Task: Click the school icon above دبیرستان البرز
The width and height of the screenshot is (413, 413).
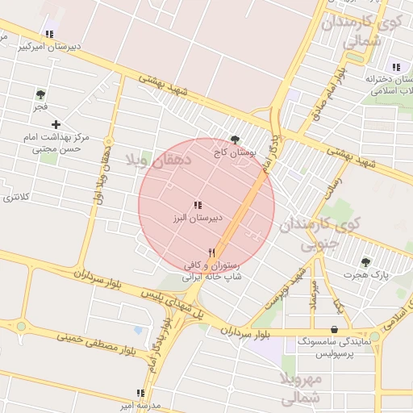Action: click(198, 206)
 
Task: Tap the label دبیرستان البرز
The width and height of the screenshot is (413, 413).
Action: click(198, 219)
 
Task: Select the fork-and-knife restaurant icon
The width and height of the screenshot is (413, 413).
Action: click(211, 252)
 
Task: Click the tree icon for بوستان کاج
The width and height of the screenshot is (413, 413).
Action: click(235, 139)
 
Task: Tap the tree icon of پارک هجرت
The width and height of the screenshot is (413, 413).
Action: click(365, 262)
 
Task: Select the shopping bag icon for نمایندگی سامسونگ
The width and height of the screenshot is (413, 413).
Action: click(334, 328)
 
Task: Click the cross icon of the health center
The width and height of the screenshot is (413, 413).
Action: click(56, 124)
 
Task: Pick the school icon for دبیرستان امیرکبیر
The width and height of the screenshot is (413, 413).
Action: click(49, 34)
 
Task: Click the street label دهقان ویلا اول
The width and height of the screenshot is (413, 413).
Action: click(102, 175)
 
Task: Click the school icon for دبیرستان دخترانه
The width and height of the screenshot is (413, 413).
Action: click(396, 67)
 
